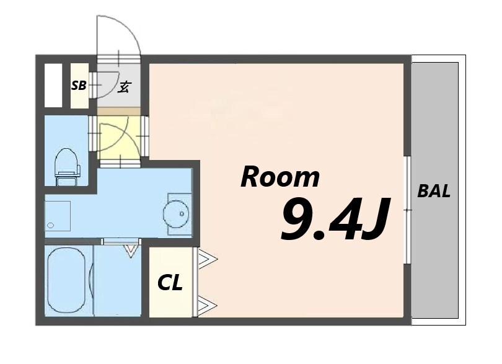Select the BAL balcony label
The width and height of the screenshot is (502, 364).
click(x=434, y=191)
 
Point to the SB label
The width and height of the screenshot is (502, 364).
click(x=79, y=85)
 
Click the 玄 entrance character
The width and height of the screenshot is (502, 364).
click(x=124, y=87)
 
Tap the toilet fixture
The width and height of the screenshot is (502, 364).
click(x=67, y=167)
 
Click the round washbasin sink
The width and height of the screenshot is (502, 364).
click(x=176, y=214)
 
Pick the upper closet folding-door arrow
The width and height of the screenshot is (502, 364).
click(x=208, y=258)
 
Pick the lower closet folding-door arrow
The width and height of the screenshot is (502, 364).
click(x=208, y=305)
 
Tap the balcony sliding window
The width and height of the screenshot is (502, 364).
click(x=407, y=210)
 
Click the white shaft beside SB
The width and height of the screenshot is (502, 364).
click(x=53, y=85)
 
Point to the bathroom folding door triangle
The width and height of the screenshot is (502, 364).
click(x=131, y=251)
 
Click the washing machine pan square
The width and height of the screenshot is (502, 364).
click(x=57, y=216)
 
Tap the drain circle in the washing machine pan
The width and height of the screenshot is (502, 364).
click(x=51, y=225)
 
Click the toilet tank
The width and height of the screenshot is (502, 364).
click(x=67, y=174)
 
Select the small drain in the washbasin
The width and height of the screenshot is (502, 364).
click(x=182, y=213)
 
